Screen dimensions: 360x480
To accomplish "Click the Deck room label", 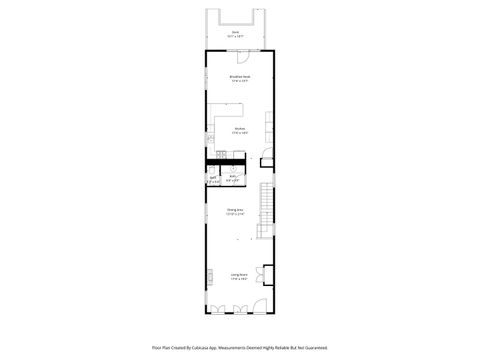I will (x=236, y=32).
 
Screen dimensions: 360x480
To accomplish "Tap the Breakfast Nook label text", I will (x=240, y=76).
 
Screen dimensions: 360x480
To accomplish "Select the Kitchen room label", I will (x=240, y=127).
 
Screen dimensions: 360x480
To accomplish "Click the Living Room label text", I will (x=239, y=275).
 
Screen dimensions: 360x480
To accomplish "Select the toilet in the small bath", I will (x=214, y=173).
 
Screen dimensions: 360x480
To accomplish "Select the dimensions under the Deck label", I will (x=236, y=36).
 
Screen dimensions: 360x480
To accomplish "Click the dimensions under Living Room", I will (x=239, y=279).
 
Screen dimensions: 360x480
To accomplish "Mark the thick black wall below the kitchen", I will (x=227, y=163).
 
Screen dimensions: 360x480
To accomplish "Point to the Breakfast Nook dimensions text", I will (x=240, y=80).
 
